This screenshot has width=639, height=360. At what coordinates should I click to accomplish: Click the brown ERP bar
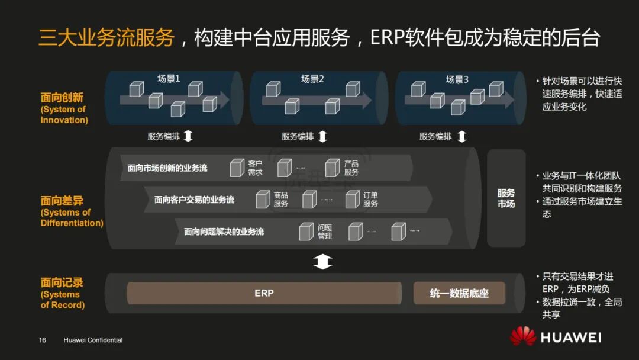[264, 293]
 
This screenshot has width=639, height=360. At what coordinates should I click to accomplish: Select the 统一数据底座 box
[459, 293]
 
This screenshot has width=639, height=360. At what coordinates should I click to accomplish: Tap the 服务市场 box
[506, 198]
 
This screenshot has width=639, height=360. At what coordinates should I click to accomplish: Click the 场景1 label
[169, 79]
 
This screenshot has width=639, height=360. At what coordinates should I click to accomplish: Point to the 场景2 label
[312, 79]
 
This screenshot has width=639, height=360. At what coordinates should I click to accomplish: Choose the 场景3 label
[457, 79]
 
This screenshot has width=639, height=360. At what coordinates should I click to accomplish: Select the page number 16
[43, 340]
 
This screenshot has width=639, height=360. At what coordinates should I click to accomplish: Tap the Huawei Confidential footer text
[93, 340]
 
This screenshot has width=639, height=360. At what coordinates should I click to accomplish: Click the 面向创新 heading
[62, 98]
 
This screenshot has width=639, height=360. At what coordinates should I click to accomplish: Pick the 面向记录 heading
[62, 283]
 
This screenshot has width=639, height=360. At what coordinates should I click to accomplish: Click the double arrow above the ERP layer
[322, 261]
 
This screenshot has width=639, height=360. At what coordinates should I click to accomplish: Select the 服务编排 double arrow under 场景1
[188, 136]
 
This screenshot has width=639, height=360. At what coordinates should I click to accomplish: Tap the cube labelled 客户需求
[237, 168]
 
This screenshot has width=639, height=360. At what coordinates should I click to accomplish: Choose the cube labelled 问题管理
[306, 231]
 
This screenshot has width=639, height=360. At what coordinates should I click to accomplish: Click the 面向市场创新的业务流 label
[167, 168]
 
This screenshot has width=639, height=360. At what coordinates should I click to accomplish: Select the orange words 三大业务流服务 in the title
[106, 37]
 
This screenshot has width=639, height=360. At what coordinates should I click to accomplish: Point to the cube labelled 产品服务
[333, 168]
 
